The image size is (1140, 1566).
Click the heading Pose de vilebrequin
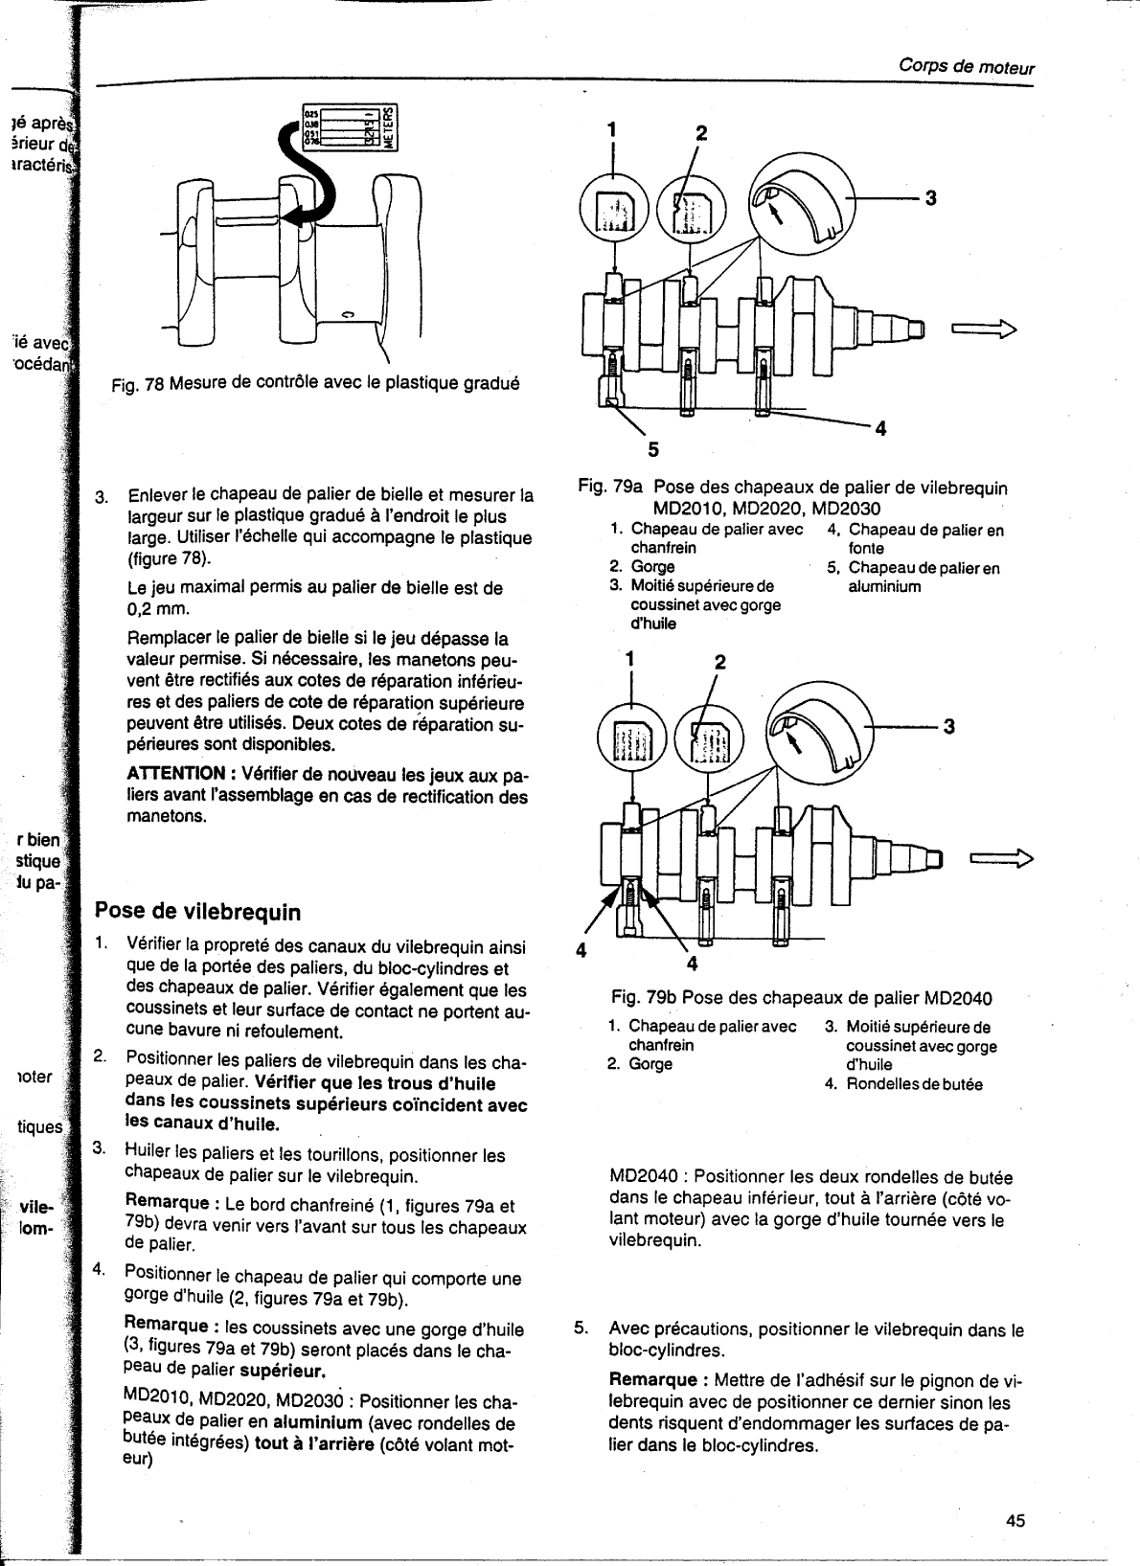(196, 910)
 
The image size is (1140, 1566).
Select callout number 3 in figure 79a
(927, 198)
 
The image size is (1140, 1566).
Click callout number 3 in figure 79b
(948, 726)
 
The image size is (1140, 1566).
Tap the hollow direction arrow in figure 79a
(983, 330)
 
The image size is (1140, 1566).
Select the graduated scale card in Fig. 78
(349, 127)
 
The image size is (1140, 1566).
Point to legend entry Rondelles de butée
(914, 1084)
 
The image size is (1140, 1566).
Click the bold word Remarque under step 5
(652, 1380)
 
